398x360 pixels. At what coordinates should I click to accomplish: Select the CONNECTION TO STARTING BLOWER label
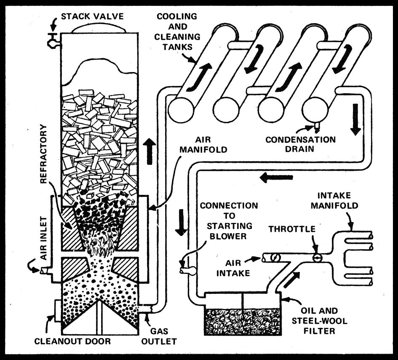point(229,220)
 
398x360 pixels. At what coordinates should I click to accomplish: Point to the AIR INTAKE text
point(233,267)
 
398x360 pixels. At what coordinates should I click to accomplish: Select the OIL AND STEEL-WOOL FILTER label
point(321,321)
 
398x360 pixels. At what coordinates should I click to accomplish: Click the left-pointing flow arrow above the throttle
point(276,177)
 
